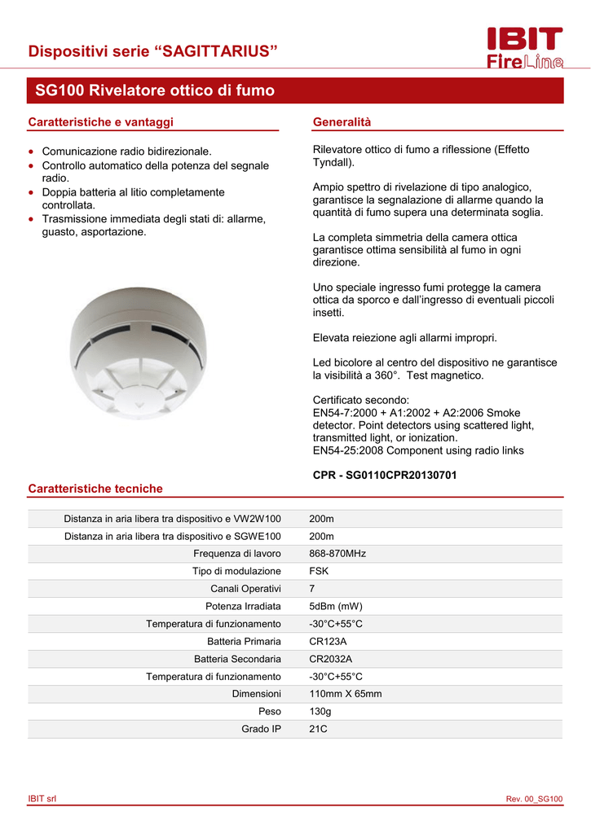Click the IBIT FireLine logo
(524, 49)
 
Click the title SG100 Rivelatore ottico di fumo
(155, 90)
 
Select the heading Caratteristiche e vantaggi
(101, 122)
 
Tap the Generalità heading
(342, 122)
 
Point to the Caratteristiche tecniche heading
(95, 489)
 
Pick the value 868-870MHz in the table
(337, 554)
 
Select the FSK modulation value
(319, 571)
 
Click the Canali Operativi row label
(245, 589)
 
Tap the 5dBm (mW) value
(336, 606)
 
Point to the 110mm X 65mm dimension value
(346, 694)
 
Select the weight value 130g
(320, 712)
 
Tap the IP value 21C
(318, 729)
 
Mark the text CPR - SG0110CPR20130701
(385, 475)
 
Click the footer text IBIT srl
(42, 799)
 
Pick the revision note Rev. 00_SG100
(534, 799)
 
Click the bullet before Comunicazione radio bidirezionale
(31, 151)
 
